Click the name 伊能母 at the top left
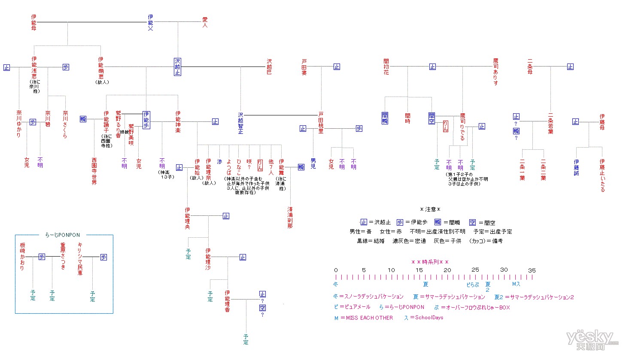point(33,22)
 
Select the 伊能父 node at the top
point(150,22)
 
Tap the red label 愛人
point(205,22)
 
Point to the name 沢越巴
point(269,67)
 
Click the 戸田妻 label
point(304,67)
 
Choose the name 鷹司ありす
point(495,72)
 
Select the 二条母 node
point(530,67)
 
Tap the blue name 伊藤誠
point(576,167)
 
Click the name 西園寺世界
point(94,171)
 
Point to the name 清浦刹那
point(290,218)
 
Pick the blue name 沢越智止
point(240,123)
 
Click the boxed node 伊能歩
point(146,120)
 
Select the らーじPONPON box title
point(63,235)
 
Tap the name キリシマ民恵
point(80,259)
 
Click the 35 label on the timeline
point(532,270)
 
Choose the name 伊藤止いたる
point(602,175)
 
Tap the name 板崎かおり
point(22,256)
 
